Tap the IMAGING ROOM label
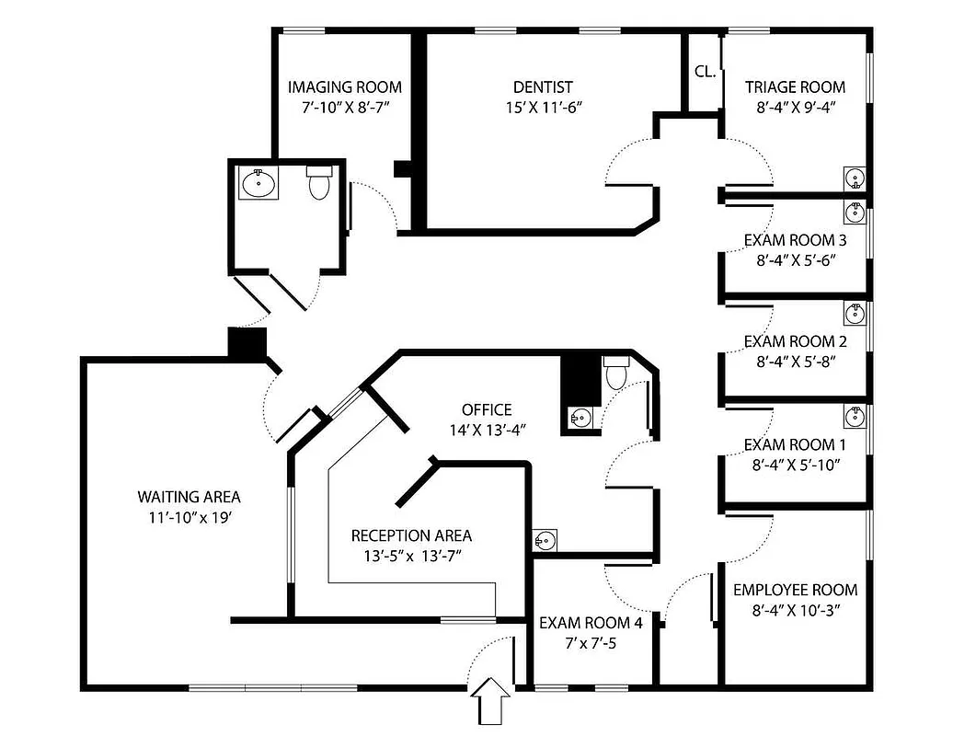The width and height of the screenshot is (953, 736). [344, 87]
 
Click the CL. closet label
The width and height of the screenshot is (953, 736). [706, 71]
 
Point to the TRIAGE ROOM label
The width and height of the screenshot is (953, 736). [795, 87]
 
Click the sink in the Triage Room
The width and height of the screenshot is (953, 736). [855, 178]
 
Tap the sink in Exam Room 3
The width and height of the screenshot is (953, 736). [855, 212]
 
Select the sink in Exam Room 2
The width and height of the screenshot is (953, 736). [855, 314]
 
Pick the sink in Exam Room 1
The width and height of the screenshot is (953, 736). [855, 416]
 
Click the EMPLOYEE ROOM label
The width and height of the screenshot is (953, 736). [795, 590]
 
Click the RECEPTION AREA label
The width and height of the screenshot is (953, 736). [411, 535]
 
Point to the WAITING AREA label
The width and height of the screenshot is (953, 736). [189, 497]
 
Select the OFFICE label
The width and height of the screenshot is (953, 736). [487, 409]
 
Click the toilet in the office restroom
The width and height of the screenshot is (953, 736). [614, 373]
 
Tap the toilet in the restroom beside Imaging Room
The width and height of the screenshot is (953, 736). [318, 183]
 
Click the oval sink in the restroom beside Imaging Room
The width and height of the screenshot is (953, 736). [258, 184]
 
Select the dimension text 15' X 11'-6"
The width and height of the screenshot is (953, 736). [543, 107]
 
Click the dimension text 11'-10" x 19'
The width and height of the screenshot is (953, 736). [189, 517]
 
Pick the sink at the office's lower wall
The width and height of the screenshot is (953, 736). [545, 540]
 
